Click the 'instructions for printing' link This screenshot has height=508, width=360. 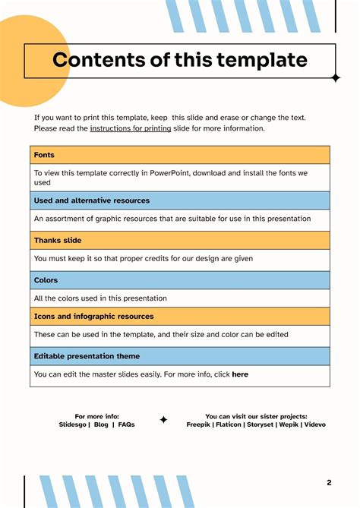pyautogui.click(x=130, y=129)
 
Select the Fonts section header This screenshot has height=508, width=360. pyautogui.click(x=44, y=155)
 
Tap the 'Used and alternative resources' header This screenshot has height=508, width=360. pyautogui.click(x=92, y=200)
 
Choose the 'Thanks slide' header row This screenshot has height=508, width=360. pyautogui.click(x=58, y=241)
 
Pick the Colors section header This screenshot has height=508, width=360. pyautogui.click(x=47, y=280)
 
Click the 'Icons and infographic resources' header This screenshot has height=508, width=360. pyautogui.click(x=93, y=317)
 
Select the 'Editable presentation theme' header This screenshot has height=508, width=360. pyautogui.click(x=87, y=356)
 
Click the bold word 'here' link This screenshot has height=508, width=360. pyautogui.click(x=240, y=374)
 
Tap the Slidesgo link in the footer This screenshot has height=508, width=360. pyautogui.click(x=73, y=425)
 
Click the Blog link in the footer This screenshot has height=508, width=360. pyautogui.click(x=101, y=425)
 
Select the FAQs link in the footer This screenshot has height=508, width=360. pyautogui.click(x=126, y=425)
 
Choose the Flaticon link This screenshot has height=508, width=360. pyautogui.click(x=229, y=425)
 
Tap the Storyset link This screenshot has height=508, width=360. pyautogui.click(x=261, y=425)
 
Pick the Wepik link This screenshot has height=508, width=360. pyautogui.click(x=289, y=425)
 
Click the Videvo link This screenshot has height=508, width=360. pyautogui.click(x=315, y=425)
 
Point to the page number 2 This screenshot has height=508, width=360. pyautogui.click(x=329, y=483)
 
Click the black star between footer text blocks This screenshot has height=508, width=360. pyautogui.click(x=163, y=420)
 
